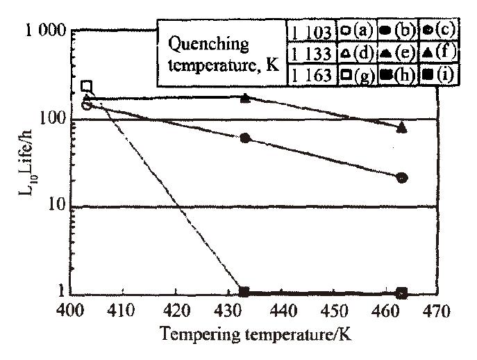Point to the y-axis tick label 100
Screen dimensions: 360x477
(51, 120)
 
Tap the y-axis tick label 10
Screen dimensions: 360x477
(57, 206)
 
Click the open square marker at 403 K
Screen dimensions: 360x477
(87, 86)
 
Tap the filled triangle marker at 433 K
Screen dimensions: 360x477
(245, 98)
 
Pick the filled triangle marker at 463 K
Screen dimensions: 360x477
(402, 127)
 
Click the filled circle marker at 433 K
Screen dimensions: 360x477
(245, 138)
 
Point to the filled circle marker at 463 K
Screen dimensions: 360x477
(402, 178)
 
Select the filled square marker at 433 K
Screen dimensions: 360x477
(244, 293)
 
